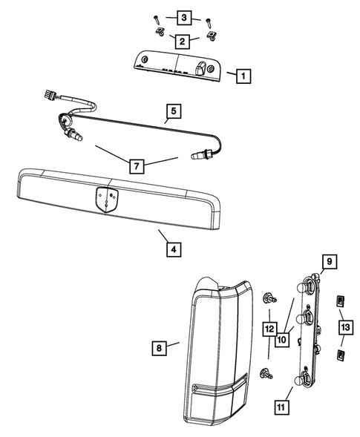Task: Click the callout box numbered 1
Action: pyautogui.click(x=243, y=75)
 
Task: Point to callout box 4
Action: pyautogui.click(x=172, y=250)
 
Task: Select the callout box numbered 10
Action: pyautogui.click(x=281, y=340)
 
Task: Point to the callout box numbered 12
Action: pyautogui.click(x=268, y=327)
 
